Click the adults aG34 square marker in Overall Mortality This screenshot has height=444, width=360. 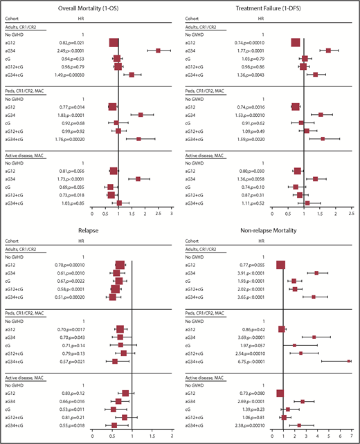[x=158, y=50]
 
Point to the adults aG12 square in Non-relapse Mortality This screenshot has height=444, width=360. [x=280, y=265]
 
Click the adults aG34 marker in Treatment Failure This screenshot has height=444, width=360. [x=328, y=50]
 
